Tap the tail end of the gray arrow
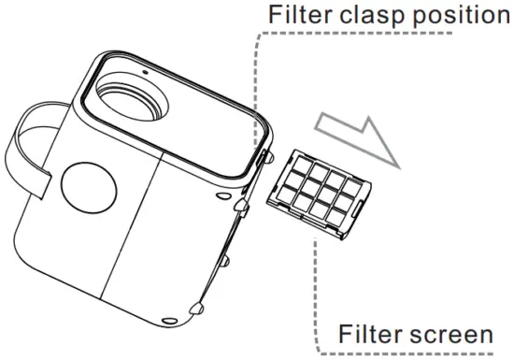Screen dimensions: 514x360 (321, 118)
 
